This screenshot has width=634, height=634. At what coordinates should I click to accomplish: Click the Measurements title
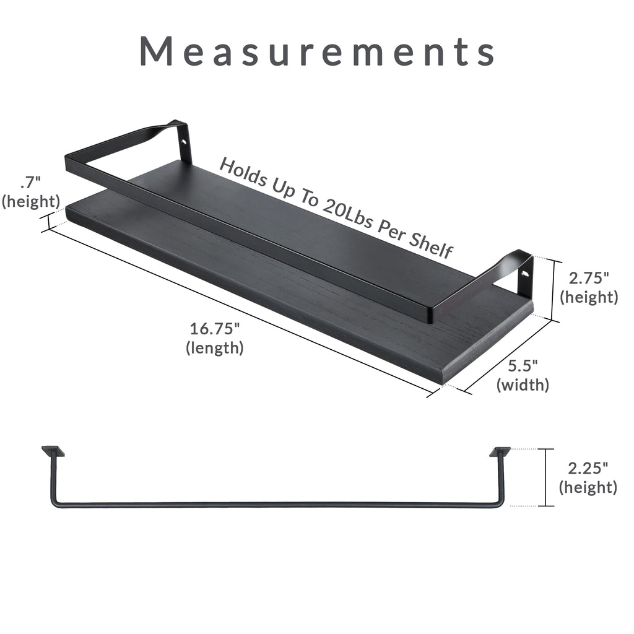click(317, 51)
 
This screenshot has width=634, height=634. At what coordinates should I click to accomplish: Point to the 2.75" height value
click(588, 279)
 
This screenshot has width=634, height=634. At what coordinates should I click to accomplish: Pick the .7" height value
click(30, 183)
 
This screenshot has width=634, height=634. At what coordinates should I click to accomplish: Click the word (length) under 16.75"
click(215, 348)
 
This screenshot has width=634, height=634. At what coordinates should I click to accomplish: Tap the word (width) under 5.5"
click(523, 385)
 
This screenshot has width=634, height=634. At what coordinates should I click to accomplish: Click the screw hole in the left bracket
click(183, 141)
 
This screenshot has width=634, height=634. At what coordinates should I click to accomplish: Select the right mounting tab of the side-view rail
click(500, 451)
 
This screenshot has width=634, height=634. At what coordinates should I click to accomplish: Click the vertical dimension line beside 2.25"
click(545, 477)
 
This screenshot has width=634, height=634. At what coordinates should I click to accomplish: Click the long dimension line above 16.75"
click(238, 310)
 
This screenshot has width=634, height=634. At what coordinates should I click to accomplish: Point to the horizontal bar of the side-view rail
click(272, 505)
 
